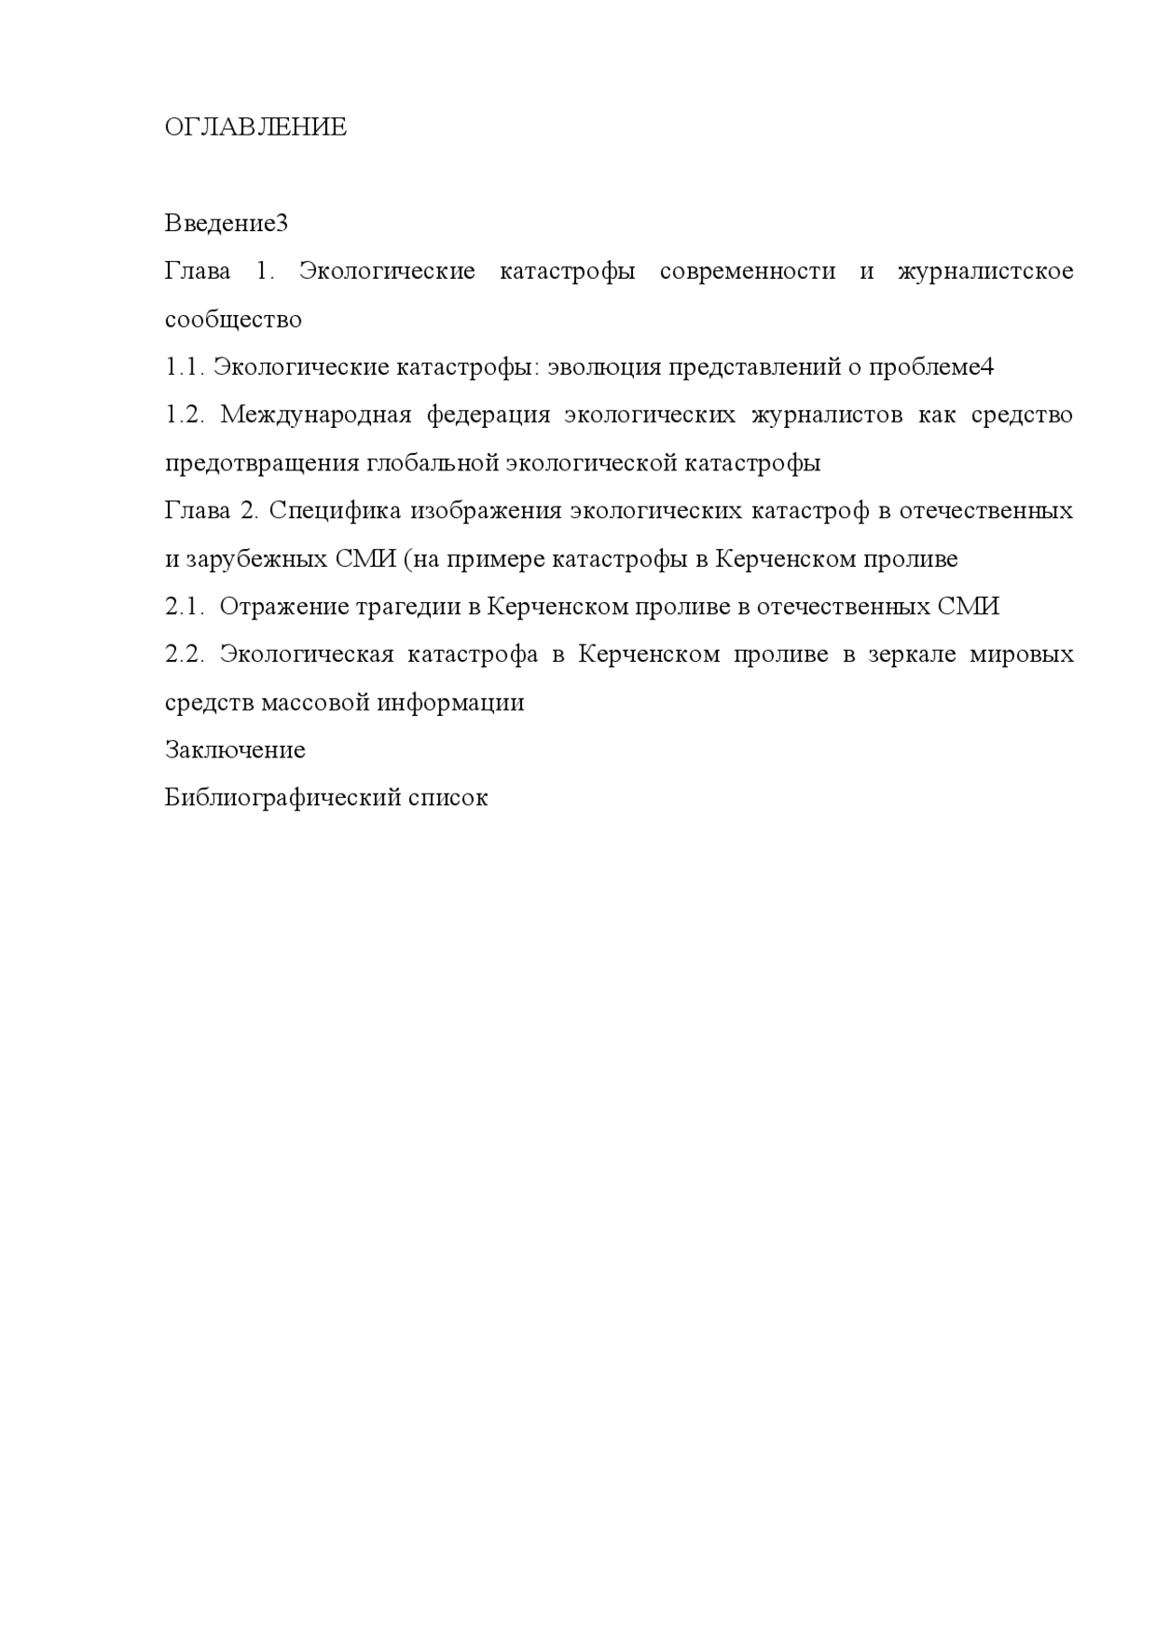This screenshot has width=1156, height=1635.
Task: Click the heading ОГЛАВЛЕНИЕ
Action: point(256,127)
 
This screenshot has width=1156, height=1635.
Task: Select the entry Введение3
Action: point(226,223)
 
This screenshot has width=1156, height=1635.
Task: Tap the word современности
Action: point(748,271)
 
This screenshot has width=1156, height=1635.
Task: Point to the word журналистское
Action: point(985,271)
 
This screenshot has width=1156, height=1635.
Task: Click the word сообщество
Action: point(233,319)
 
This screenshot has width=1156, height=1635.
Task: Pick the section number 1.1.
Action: point(185,367)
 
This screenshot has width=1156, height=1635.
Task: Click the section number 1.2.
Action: point(186,414)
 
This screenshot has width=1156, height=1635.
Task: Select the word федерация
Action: point(489,414)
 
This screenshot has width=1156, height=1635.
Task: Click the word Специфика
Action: point(334,511)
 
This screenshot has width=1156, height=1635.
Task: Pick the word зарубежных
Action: point(256,559)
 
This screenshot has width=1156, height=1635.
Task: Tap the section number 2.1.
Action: point(186,607)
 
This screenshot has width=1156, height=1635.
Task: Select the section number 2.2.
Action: point(186,655)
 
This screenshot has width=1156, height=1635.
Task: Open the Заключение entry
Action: point(235,750)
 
